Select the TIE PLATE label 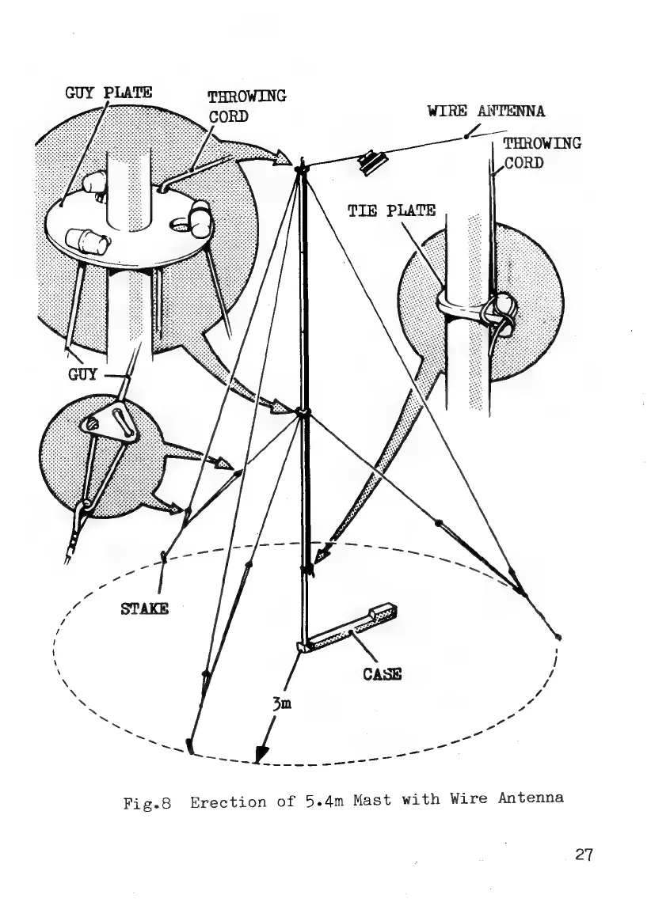(x=392, y=210)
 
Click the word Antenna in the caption (x=533, y=797)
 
